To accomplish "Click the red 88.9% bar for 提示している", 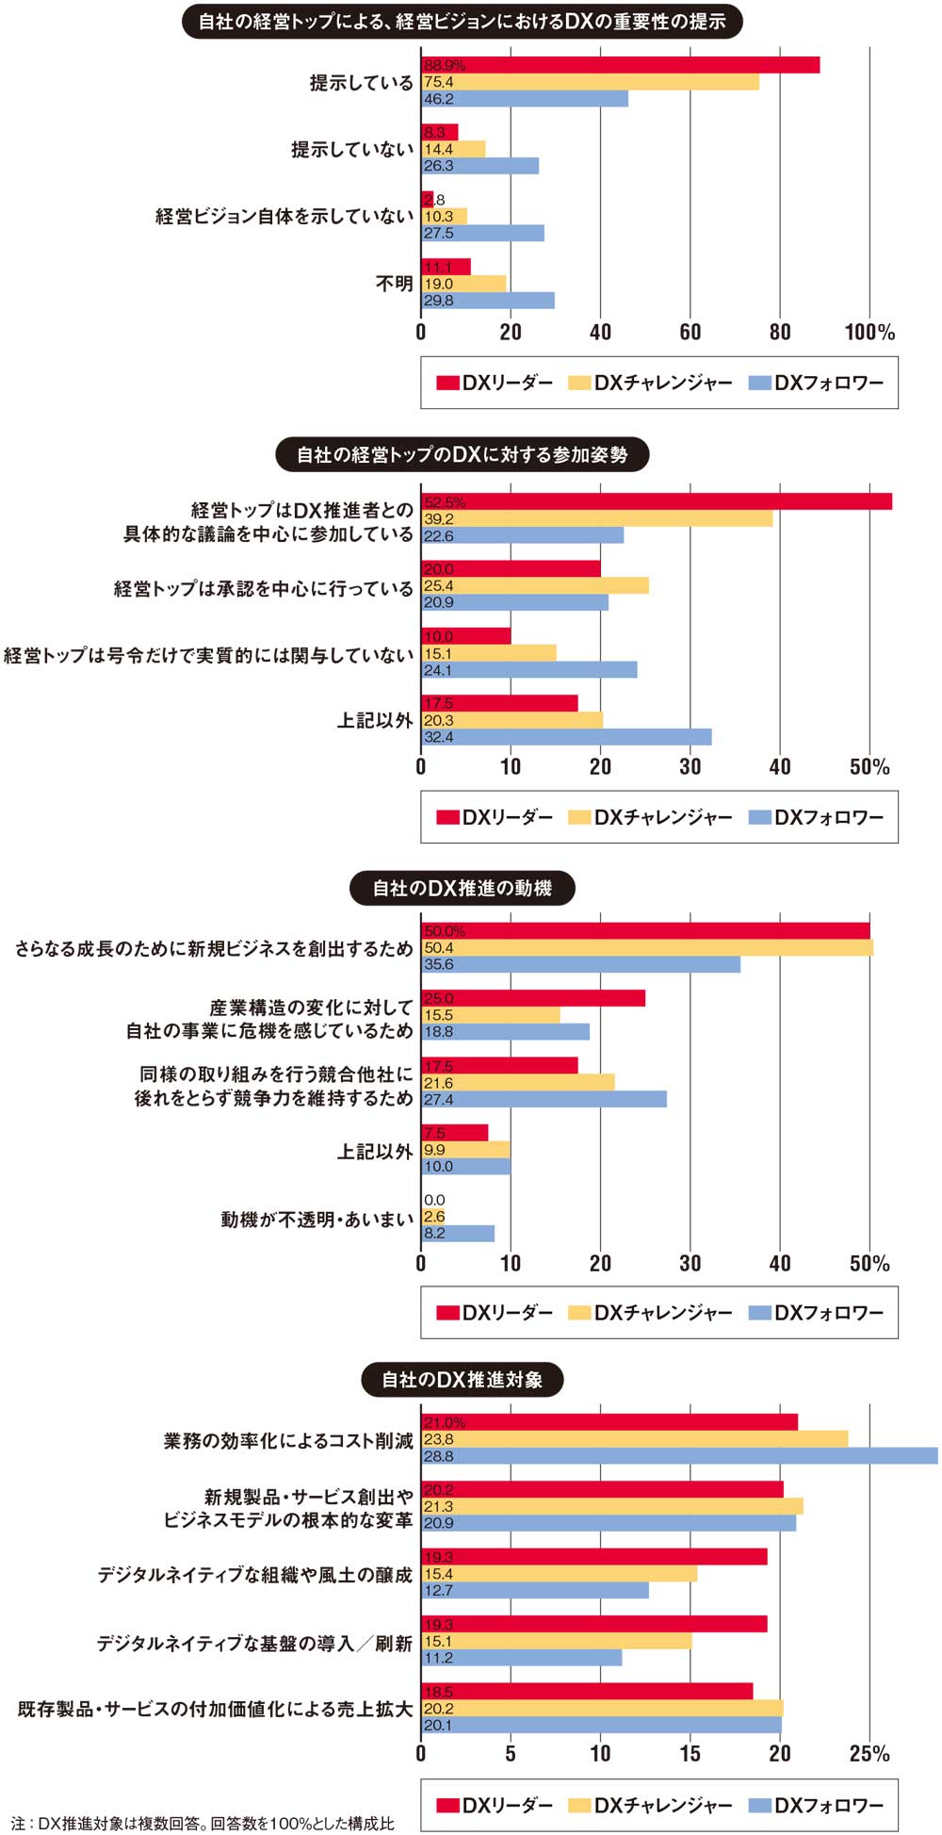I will point(620,65).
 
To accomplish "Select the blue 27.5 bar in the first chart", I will point(482,233).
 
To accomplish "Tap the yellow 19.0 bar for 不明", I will point(463,284).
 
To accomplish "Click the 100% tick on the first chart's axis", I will point(869,332).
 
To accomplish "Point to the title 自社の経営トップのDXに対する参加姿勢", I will point(462,455).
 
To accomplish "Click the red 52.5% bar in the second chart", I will point(656,501).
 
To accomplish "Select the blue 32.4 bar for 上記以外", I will point(566,737).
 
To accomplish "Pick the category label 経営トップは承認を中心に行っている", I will point(264,589).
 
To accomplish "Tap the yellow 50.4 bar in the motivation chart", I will point(646,947).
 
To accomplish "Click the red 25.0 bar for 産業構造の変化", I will point(533,998).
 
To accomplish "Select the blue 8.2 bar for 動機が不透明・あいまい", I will point(458,1233).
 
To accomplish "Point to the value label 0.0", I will point(434,1200).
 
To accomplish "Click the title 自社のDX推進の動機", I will point(462,888).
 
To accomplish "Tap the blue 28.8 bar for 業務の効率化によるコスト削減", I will point(679,1456).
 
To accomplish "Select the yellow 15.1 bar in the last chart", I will point(556,1641).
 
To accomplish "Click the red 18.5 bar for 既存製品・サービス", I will point(587,1691).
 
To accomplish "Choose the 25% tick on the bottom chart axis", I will point(869,1754).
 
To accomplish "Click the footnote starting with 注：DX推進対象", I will point(203,1823).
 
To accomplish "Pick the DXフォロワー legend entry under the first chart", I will point(816,383).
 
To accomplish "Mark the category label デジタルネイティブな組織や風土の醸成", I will point(255,1575).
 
